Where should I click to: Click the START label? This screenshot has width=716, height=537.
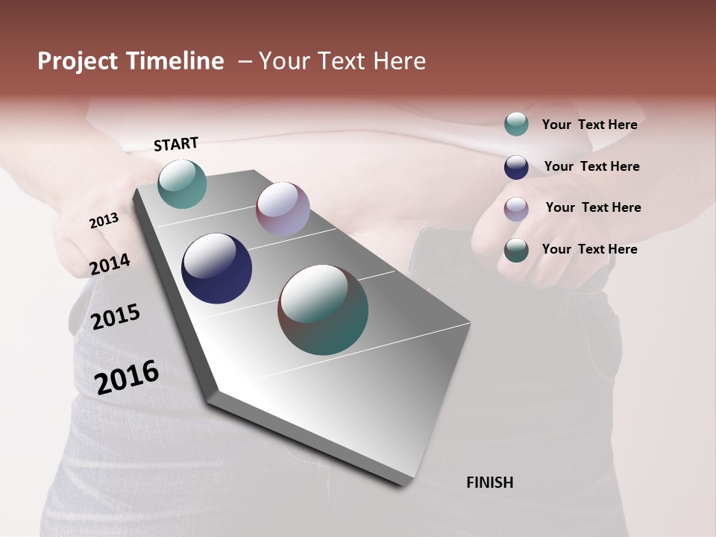176,144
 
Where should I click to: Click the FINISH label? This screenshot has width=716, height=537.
489,483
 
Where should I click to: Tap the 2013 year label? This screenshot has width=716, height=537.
104,221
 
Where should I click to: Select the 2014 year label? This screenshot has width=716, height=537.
110,264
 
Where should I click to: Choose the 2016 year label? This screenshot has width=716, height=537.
127,377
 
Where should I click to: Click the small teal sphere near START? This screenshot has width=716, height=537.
182,183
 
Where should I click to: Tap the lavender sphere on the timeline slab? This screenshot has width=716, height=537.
283,209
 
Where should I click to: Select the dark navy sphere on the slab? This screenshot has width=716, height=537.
216,268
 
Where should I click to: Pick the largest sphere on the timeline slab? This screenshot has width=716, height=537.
323,310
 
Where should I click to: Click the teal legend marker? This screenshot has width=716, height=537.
516,124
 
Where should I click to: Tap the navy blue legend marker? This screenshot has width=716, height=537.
516,166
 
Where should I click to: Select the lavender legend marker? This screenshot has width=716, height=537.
516,208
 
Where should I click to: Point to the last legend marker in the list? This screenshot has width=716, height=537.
516,250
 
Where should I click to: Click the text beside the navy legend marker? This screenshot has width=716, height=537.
591,166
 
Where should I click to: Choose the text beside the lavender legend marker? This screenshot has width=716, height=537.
593,207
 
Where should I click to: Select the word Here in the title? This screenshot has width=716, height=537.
399,61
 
